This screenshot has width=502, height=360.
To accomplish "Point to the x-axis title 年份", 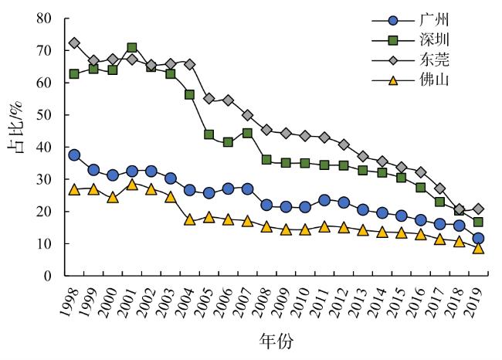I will [x=276, y=340].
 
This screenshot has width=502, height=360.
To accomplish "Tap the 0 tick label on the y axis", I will [x=49, y=276].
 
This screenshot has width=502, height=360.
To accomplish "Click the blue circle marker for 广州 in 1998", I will [x=74, y=155].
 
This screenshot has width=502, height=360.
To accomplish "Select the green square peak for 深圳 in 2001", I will [x=132, y=48].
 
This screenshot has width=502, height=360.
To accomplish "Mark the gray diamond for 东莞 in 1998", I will [x=74, y=43].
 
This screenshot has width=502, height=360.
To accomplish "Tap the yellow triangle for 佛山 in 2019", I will [x=479, y=248].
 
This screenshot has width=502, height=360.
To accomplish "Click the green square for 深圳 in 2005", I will [x=209, y=134].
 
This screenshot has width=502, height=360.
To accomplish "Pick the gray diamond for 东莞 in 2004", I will [x=189, y=64].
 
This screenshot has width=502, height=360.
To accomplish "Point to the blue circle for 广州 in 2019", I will [x=479, y=239].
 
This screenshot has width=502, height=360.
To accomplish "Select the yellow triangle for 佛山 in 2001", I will [x=132, y=184].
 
